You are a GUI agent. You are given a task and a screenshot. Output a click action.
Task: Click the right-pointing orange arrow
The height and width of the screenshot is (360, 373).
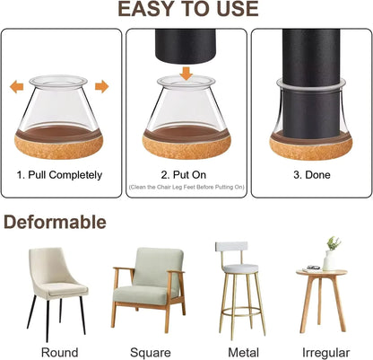(101, 87)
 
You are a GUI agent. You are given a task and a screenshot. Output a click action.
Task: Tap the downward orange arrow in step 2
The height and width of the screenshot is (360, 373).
(185, 72)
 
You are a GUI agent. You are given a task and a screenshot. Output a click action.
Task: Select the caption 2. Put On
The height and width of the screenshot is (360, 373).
(185, 175)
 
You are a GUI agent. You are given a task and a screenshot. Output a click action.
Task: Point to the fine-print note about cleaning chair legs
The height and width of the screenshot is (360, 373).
(185, 187)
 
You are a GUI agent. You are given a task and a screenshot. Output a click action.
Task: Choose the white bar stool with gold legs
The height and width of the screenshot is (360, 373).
(237, 283)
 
